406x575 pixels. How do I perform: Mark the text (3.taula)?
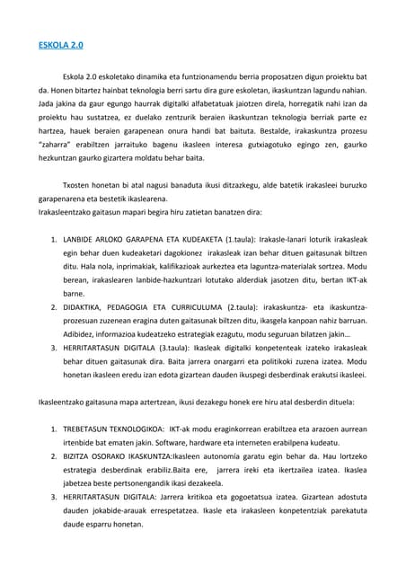(x=180, y=347)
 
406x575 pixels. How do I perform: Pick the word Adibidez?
(x=83, y=333)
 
